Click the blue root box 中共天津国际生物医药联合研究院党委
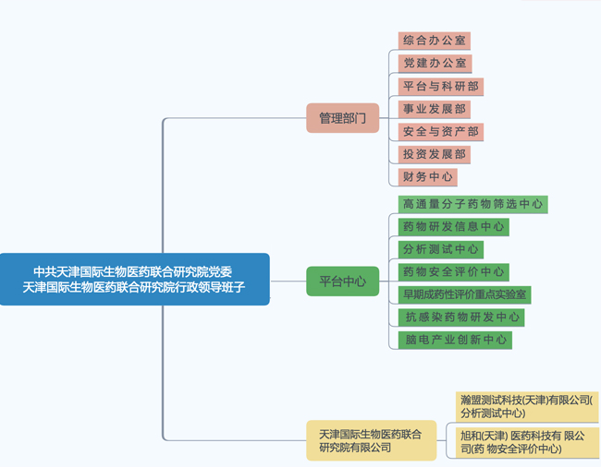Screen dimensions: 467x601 [135, 279]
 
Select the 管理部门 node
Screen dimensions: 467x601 [343, 118]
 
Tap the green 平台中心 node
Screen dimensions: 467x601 [343, 281]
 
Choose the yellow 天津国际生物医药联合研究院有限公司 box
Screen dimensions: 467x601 [371, 440]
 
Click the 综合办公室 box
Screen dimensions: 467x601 [435, 41]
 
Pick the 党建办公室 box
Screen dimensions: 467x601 [435, 64]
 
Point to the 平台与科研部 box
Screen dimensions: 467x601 [441, 86]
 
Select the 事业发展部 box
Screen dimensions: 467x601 [435, 109]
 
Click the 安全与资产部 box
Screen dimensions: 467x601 [441, 132]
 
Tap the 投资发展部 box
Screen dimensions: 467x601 [435, 154]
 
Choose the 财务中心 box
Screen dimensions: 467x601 [428, 176]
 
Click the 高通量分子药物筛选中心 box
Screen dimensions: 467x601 [473, 204]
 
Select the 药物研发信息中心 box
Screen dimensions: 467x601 [454, 226]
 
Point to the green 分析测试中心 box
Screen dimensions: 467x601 [441, 249]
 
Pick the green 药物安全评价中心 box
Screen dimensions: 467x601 [454, 272]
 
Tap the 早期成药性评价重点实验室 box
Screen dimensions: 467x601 [464, 294]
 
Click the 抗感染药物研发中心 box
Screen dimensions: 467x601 [461, 317]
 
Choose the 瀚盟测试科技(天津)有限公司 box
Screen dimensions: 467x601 [528, 406]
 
